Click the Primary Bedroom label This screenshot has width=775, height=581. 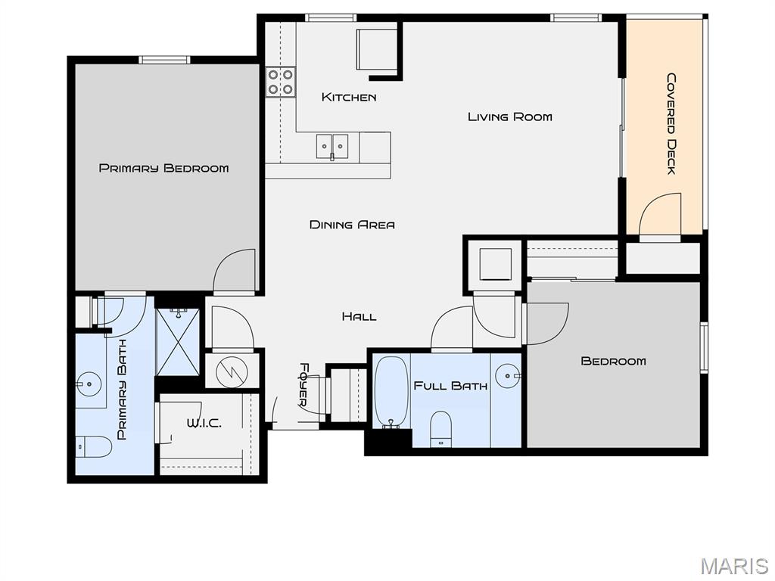point(163,168)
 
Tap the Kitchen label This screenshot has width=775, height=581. point(348,97)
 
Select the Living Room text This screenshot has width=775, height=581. point(509,117)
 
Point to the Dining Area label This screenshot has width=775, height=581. point(352,225)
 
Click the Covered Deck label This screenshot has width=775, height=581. point(671,123)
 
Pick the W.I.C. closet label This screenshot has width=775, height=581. point(204,424)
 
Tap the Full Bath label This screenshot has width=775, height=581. point(450,386)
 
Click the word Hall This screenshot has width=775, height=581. point(359,316)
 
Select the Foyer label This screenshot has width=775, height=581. point(304,385)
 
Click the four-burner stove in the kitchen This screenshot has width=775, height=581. point(281,82)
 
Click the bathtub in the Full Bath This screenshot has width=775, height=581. point(391,393)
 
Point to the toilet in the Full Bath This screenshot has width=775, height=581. point(441,428)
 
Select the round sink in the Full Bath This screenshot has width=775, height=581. point(508,376)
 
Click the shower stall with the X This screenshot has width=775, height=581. point(177,342)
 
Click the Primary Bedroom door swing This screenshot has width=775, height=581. point(235,270)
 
